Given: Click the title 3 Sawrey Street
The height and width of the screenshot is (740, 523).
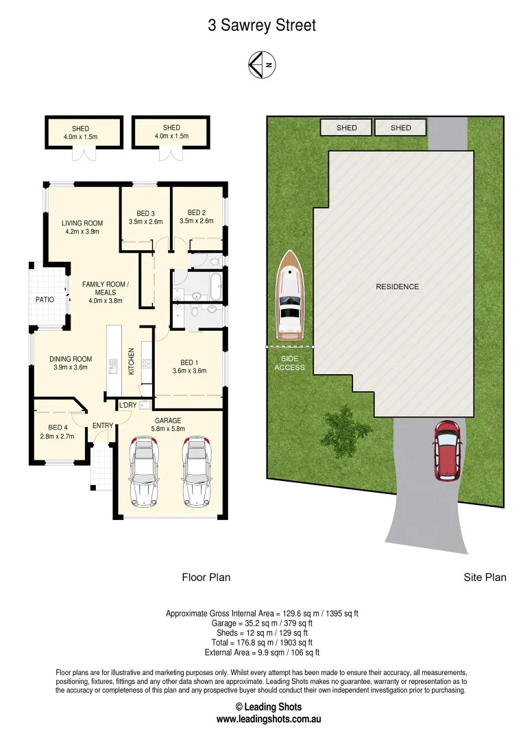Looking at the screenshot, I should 262,26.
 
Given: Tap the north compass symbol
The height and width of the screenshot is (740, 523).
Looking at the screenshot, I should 262,65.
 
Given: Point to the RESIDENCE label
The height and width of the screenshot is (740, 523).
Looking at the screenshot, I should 397,286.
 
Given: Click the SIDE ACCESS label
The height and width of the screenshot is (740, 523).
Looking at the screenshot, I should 289,363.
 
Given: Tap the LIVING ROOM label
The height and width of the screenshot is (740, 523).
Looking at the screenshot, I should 82,223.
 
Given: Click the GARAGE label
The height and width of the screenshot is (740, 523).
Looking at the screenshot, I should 167,421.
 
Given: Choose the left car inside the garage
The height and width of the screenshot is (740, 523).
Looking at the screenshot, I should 143,472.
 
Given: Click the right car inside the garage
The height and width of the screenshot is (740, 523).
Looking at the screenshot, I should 195,472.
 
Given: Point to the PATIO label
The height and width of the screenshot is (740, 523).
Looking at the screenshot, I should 45,299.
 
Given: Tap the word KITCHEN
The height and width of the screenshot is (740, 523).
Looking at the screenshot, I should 132,361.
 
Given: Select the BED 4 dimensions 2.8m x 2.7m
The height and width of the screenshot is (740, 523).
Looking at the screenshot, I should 57,436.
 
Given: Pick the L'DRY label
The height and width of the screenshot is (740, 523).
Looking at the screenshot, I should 127,406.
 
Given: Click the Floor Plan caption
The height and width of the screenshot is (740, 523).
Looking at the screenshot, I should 206,578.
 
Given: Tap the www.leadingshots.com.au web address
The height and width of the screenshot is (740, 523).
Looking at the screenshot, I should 269,719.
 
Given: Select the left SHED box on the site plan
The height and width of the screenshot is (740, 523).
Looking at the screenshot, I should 347,127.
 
